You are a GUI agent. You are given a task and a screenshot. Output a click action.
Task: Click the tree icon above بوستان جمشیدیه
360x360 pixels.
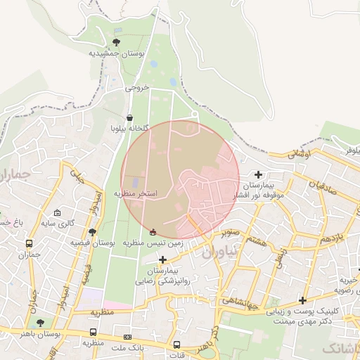click(116, 42)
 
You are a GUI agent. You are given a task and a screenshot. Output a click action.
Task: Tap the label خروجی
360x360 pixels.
click(138, 88)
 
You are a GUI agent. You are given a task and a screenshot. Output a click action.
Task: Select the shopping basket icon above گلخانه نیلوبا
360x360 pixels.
click(130, 118)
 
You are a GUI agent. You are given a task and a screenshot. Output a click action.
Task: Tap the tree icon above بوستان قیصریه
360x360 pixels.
click(92, 232)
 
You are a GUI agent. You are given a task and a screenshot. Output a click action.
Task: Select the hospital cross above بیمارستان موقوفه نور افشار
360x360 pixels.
click(259, 174)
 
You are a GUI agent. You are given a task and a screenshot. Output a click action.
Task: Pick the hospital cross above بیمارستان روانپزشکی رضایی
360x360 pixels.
click(163, 259)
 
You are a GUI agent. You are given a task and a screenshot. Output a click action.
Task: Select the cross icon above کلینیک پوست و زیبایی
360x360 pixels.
click(302, 300)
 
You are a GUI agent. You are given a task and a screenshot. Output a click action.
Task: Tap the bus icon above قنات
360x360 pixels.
click(177, 345)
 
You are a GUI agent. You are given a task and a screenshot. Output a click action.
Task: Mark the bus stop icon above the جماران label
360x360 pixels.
click(28, 244)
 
